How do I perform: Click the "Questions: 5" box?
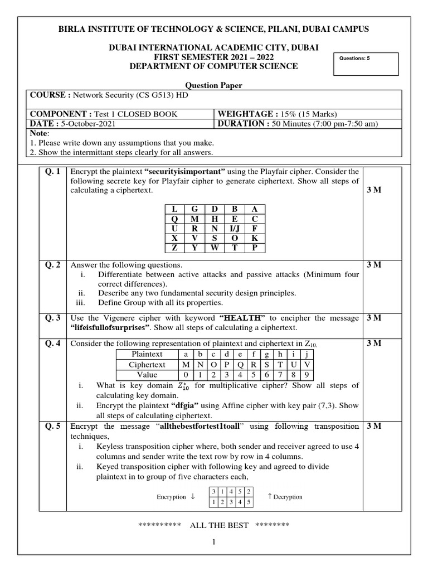tap(366, 64)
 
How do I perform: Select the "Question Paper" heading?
tap(214, 85)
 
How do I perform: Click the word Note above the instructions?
tap(40, 134)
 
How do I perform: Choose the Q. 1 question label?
tap(54, 171)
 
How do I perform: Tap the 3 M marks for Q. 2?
tap(373, 264)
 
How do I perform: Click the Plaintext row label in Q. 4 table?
tap(147, 354)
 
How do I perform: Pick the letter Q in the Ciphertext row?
tap(240, 365)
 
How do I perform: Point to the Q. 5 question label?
tap(54, 427)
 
